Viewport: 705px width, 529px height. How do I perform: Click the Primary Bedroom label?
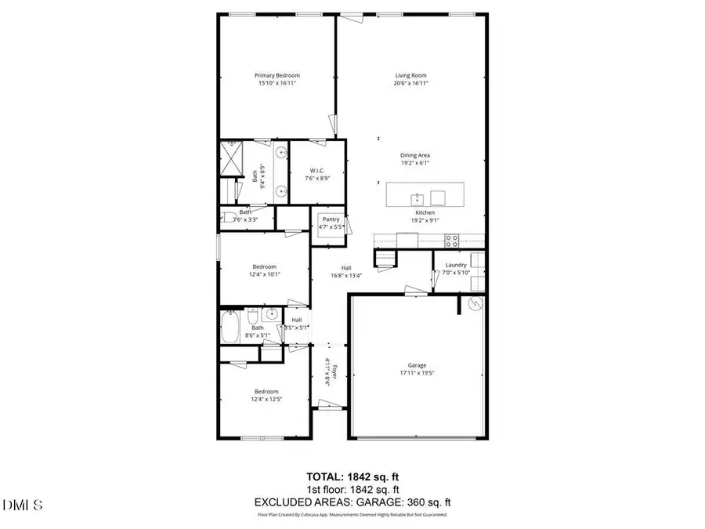click(x=277, y=75)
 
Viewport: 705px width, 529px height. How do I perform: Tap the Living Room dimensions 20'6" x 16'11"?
click(x=410, y=83)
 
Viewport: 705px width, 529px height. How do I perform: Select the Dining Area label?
click(x=415, y=155)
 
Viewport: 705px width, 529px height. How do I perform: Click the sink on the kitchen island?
click(x=418, y=197)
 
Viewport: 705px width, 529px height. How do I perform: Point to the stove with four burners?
click(x=452, y=240)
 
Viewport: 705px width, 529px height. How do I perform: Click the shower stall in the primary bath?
click(x=233, y=159)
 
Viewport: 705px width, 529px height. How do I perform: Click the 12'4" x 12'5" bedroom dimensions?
click(x=266, y=399)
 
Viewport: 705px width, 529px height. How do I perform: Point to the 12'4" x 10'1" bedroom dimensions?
click(x=266, y=274)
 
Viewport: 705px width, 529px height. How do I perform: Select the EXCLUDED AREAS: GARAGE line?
click(x=352, y=502)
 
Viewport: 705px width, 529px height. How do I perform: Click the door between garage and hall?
click(x=415, y=292)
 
